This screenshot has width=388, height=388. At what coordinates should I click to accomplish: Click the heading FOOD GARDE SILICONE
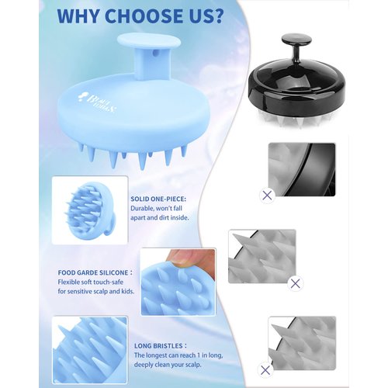coord(94,272)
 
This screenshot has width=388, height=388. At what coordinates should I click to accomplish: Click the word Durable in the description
coord(144,209)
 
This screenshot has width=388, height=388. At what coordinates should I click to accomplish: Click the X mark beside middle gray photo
coord(295,283)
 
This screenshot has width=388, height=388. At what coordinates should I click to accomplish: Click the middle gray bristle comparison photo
coord(261,256)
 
